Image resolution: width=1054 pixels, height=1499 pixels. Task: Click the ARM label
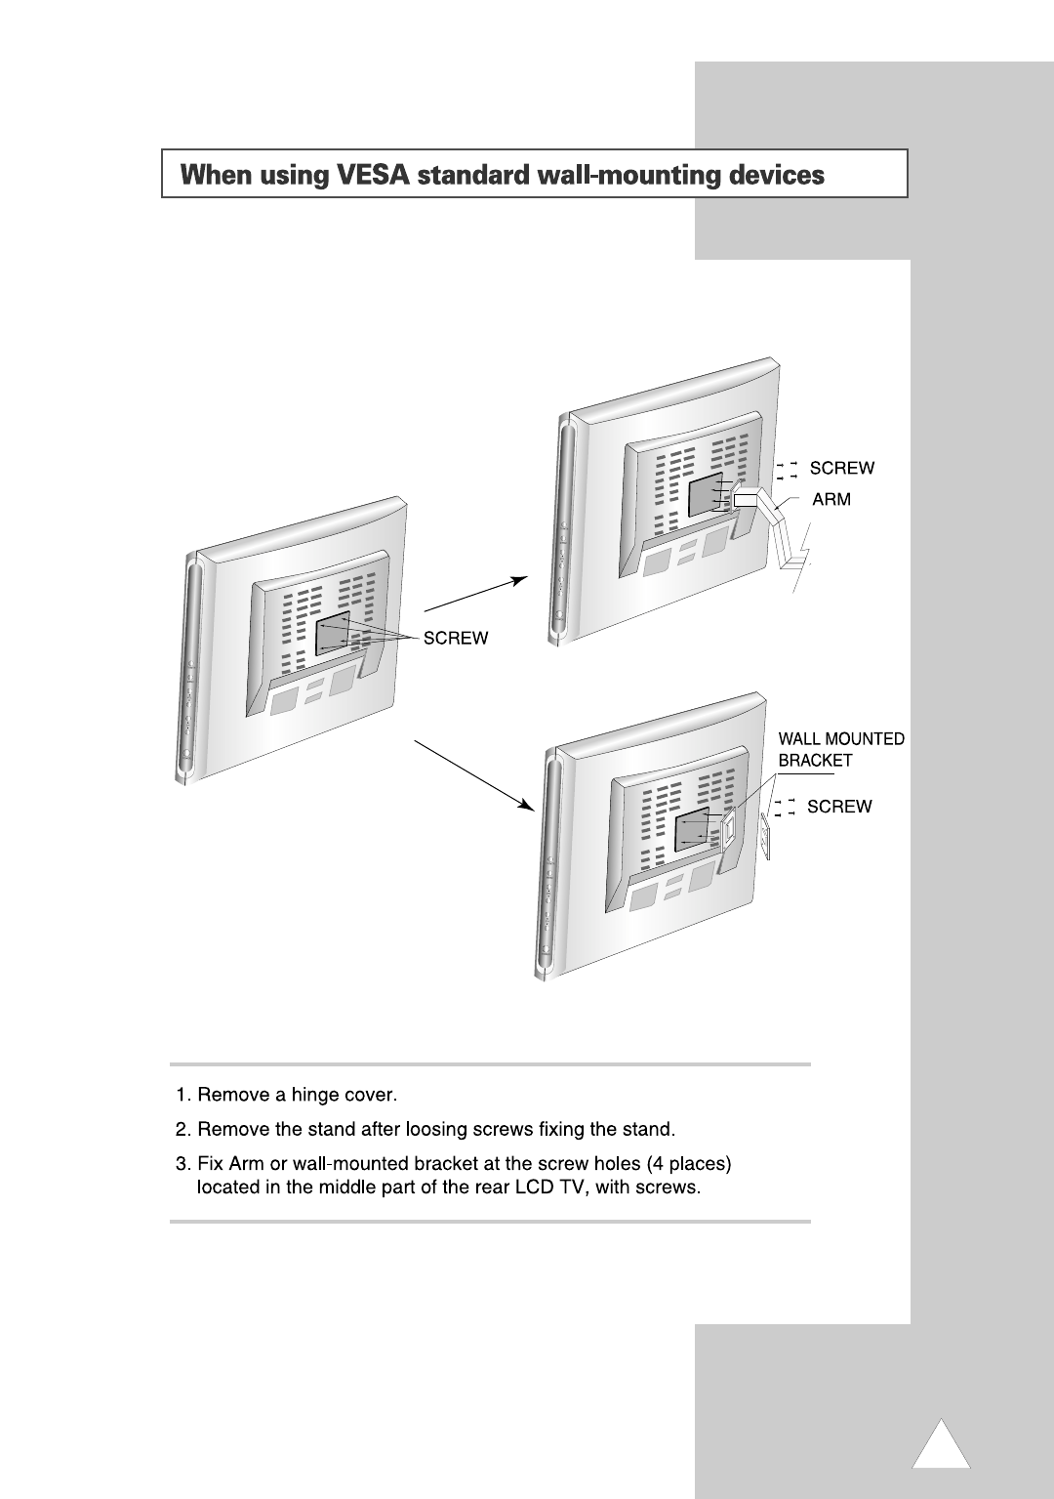[831, 499]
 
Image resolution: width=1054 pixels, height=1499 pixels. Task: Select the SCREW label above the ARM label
[842, 468]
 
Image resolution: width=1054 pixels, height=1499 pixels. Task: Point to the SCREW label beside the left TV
[455, 638]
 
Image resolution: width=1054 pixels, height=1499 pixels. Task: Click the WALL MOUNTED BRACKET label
[840, 749]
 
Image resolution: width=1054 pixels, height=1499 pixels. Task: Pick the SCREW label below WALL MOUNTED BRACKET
[839, 807]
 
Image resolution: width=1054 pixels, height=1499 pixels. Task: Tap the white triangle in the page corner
[941, 1448]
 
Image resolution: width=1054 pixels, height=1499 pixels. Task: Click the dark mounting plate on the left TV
[334, 633]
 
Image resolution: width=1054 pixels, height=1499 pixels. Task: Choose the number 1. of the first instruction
[182, 1095]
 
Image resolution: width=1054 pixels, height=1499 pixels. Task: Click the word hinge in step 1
[312, 1095]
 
